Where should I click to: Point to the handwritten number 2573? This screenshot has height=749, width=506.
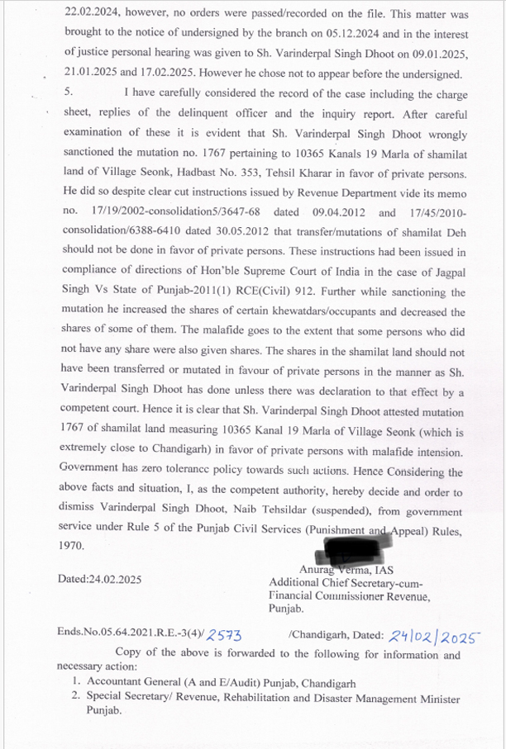coord(224,634)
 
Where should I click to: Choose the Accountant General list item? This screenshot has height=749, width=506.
coord(219,684)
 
